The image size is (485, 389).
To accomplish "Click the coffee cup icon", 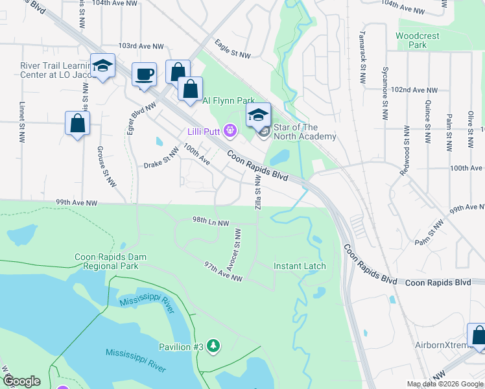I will (x=145, y=74).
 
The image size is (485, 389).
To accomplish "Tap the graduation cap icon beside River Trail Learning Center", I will (x=102, y=65).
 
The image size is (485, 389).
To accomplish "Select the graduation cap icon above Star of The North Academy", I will (x=258, y=115).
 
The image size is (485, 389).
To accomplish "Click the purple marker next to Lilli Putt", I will (x=229, y=132).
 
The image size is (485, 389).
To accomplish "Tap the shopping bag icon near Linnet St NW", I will (x=77, y=123).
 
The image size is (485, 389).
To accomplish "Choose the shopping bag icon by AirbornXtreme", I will (x=479, y=336).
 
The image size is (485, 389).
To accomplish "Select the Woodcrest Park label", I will (x=411, y=40).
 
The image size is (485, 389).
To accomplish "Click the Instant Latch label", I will (x=300, y=266).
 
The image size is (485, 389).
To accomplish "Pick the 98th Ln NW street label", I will (x=211, y=222).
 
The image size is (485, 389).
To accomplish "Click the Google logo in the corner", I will (x=21, y=381).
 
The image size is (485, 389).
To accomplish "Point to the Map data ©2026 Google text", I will (x=444, y=384).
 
